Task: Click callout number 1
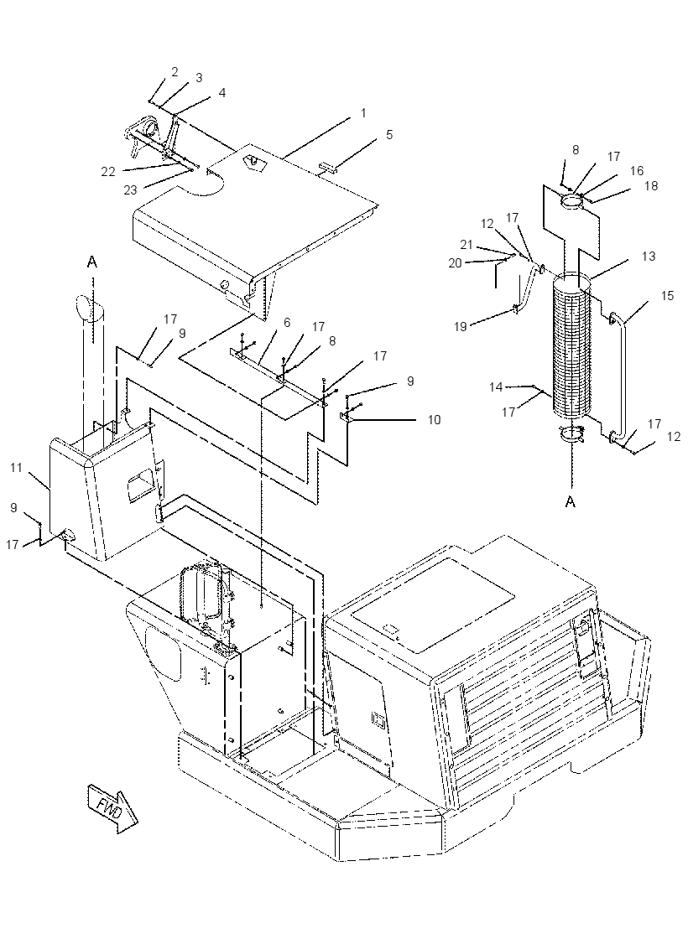(363, 112)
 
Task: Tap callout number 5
(389, 135)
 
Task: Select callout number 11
(16, 467)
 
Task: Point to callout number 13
(649, 257)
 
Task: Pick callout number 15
(668, 296)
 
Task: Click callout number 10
(434, 420)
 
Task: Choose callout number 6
(287, 323)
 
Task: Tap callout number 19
(461, 327)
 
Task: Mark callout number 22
(108, 172)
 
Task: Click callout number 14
(496, 386)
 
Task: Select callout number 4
(222, 93)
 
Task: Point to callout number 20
(456, 262)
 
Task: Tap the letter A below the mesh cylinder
(571, 501)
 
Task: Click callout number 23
(131, 189)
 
